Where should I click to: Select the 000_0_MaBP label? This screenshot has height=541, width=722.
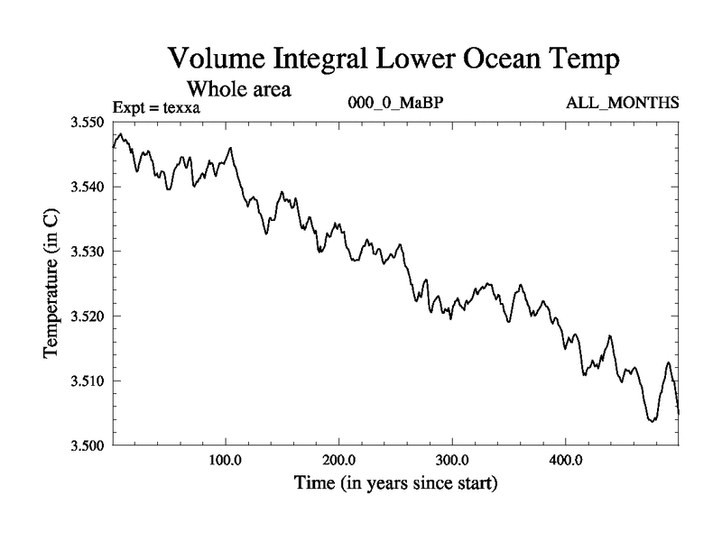tap(395, 105)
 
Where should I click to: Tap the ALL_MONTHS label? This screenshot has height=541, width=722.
tap(622, 105)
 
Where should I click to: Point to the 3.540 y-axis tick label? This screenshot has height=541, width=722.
tap(88, 187)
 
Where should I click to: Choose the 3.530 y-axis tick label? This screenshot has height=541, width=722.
tap(88, 252)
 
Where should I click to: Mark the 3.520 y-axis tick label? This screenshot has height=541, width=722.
tap(88, 316)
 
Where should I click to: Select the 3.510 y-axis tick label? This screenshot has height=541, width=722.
tap(88, 381)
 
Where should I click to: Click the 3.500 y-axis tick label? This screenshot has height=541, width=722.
tap(88, 445)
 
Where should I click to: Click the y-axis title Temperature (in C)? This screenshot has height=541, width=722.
tap(51, 283)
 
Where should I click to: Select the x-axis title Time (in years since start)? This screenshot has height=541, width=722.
tap(395, 484)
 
